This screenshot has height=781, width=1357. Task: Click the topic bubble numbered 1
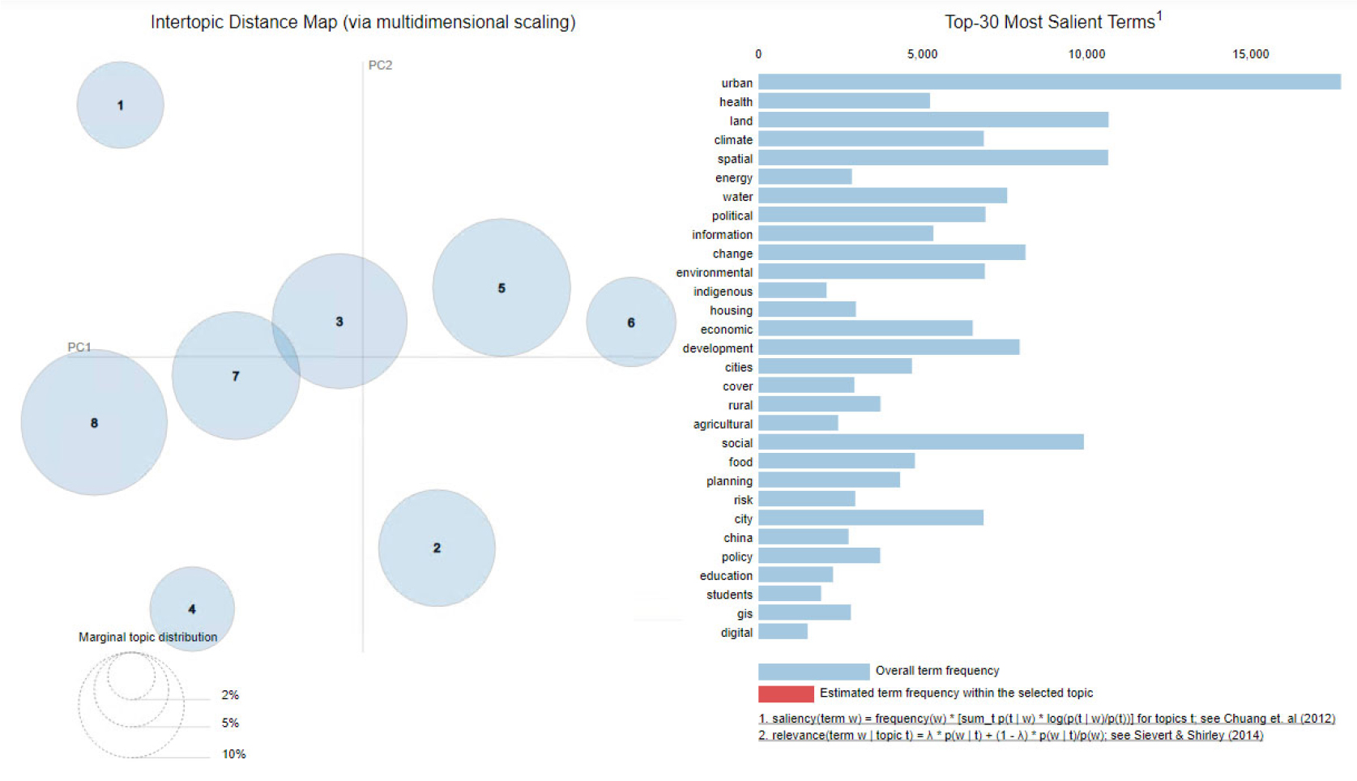click(x=120, y=105)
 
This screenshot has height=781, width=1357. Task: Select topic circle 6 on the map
click(x=630, y=322)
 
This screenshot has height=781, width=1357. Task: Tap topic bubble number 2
click(x=437, y=548)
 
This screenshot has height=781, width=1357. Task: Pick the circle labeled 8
click(x=94, y=422)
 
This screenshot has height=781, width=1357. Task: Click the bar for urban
click(x=1049, y=82)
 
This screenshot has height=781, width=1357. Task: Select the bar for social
click(x=920, y=442)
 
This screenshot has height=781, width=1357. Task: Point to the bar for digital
click(x=783, y=632)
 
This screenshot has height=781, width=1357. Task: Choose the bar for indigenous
click(x=792, y=291)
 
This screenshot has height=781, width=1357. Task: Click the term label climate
click(x=733, y=140)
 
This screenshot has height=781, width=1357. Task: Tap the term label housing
click(x=731, y=310)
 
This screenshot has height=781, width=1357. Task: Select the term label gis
click(x=745, y=613)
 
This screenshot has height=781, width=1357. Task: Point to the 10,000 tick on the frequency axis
click(x=1086, y=54)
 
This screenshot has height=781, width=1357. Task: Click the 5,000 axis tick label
click(x=922, y=54)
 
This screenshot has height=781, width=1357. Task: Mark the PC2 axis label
click(x=380, y=65)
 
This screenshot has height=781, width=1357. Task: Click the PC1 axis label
click(x=79, y=347)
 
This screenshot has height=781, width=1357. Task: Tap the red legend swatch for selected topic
click(x=786, y=694)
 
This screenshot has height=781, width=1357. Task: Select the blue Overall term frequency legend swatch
click(x=813, y=671)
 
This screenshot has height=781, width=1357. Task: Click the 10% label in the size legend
click(x=234, y=753)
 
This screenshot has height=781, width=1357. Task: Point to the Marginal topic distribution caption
click(x=147, y=637)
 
